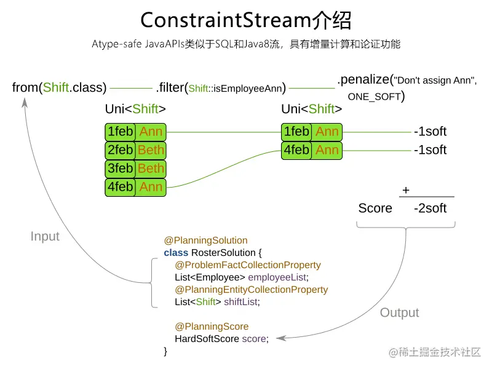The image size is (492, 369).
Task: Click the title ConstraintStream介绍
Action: click(246, 20)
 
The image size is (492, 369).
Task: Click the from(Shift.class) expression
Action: click(59, 87)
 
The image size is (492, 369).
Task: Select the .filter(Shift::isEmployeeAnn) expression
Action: click(221, 88)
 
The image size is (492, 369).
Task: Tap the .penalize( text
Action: click(365, 79)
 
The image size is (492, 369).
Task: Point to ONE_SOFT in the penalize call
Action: click(374, 97)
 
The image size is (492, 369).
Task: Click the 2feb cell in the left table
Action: click(121, 150)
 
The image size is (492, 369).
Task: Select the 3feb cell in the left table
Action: click(121, 169)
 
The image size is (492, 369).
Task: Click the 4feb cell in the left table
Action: click(121, 187)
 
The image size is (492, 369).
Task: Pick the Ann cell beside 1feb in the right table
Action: click(327, 132)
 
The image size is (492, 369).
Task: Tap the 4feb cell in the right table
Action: click(296, 150)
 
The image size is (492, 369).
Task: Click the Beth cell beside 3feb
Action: click(151, 169)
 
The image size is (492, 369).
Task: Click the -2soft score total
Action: click(430, 208)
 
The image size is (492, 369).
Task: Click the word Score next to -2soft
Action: click(375, 208)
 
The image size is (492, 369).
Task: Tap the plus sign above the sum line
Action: click(405, 191)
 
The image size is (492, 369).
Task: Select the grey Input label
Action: click(45, 236)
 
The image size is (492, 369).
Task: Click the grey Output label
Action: click(399, 312)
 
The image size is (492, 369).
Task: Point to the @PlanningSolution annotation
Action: click(205, 240)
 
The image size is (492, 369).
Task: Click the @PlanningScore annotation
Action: click(212, 327)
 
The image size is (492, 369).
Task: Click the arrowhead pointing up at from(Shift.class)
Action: click(25, 101)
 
